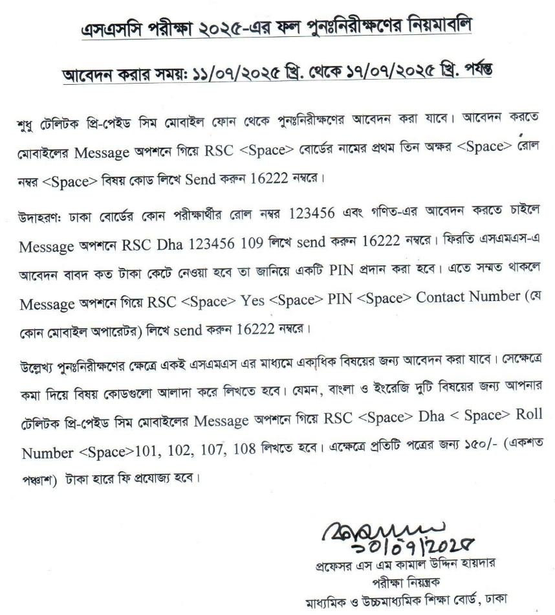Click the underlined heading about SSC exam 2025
point(277,28)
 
